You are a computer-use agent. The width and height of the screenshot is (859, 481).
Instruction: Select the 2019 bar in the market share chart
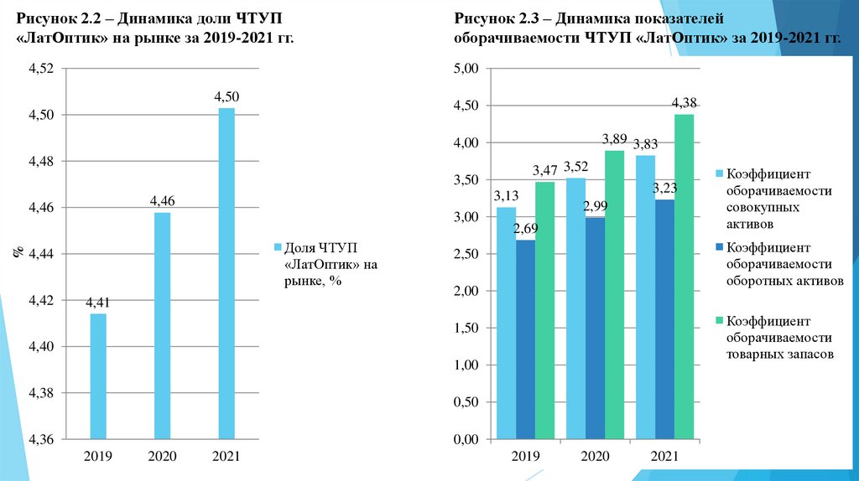point(98,376)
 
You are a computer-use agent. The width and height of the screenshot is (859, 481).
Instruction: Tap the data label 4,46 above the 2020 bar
point(162,201)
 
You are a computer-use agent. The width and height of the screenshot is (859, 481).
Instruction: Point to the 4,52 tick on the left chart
point(40,69)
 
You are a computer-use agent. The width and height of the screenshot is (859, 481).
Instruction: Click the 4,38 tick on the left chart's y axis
point(40,393)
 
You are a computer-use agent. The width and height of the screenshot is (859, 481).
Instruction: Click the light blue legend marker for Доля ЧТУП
point(278,248)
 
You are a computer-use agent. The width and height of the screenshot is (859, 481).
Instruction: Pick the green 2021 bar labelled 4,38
point(685,277)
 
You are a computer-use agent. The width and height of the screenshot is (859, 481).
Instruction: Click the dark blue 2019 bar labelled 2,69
point(525,339)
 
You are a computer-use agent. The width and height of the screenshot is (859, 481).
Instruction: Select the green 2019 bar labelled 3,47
point(545,310)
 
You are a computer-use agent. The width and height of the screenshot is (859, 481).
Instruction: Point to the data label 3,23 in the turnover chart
point(665,188)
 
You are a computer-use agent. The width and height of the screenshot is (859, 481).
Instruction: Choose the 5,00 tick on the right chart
point(465,69)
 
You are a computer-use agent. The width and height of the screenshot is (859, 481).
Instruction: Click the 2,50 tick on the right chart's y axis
point(465,254)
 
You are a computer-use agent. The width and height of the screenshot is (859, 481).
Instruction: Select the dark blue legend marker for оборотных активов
point(719,248)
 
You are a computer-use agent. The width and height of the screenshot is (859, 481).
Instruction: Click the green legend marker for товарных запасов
point(719,320)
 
